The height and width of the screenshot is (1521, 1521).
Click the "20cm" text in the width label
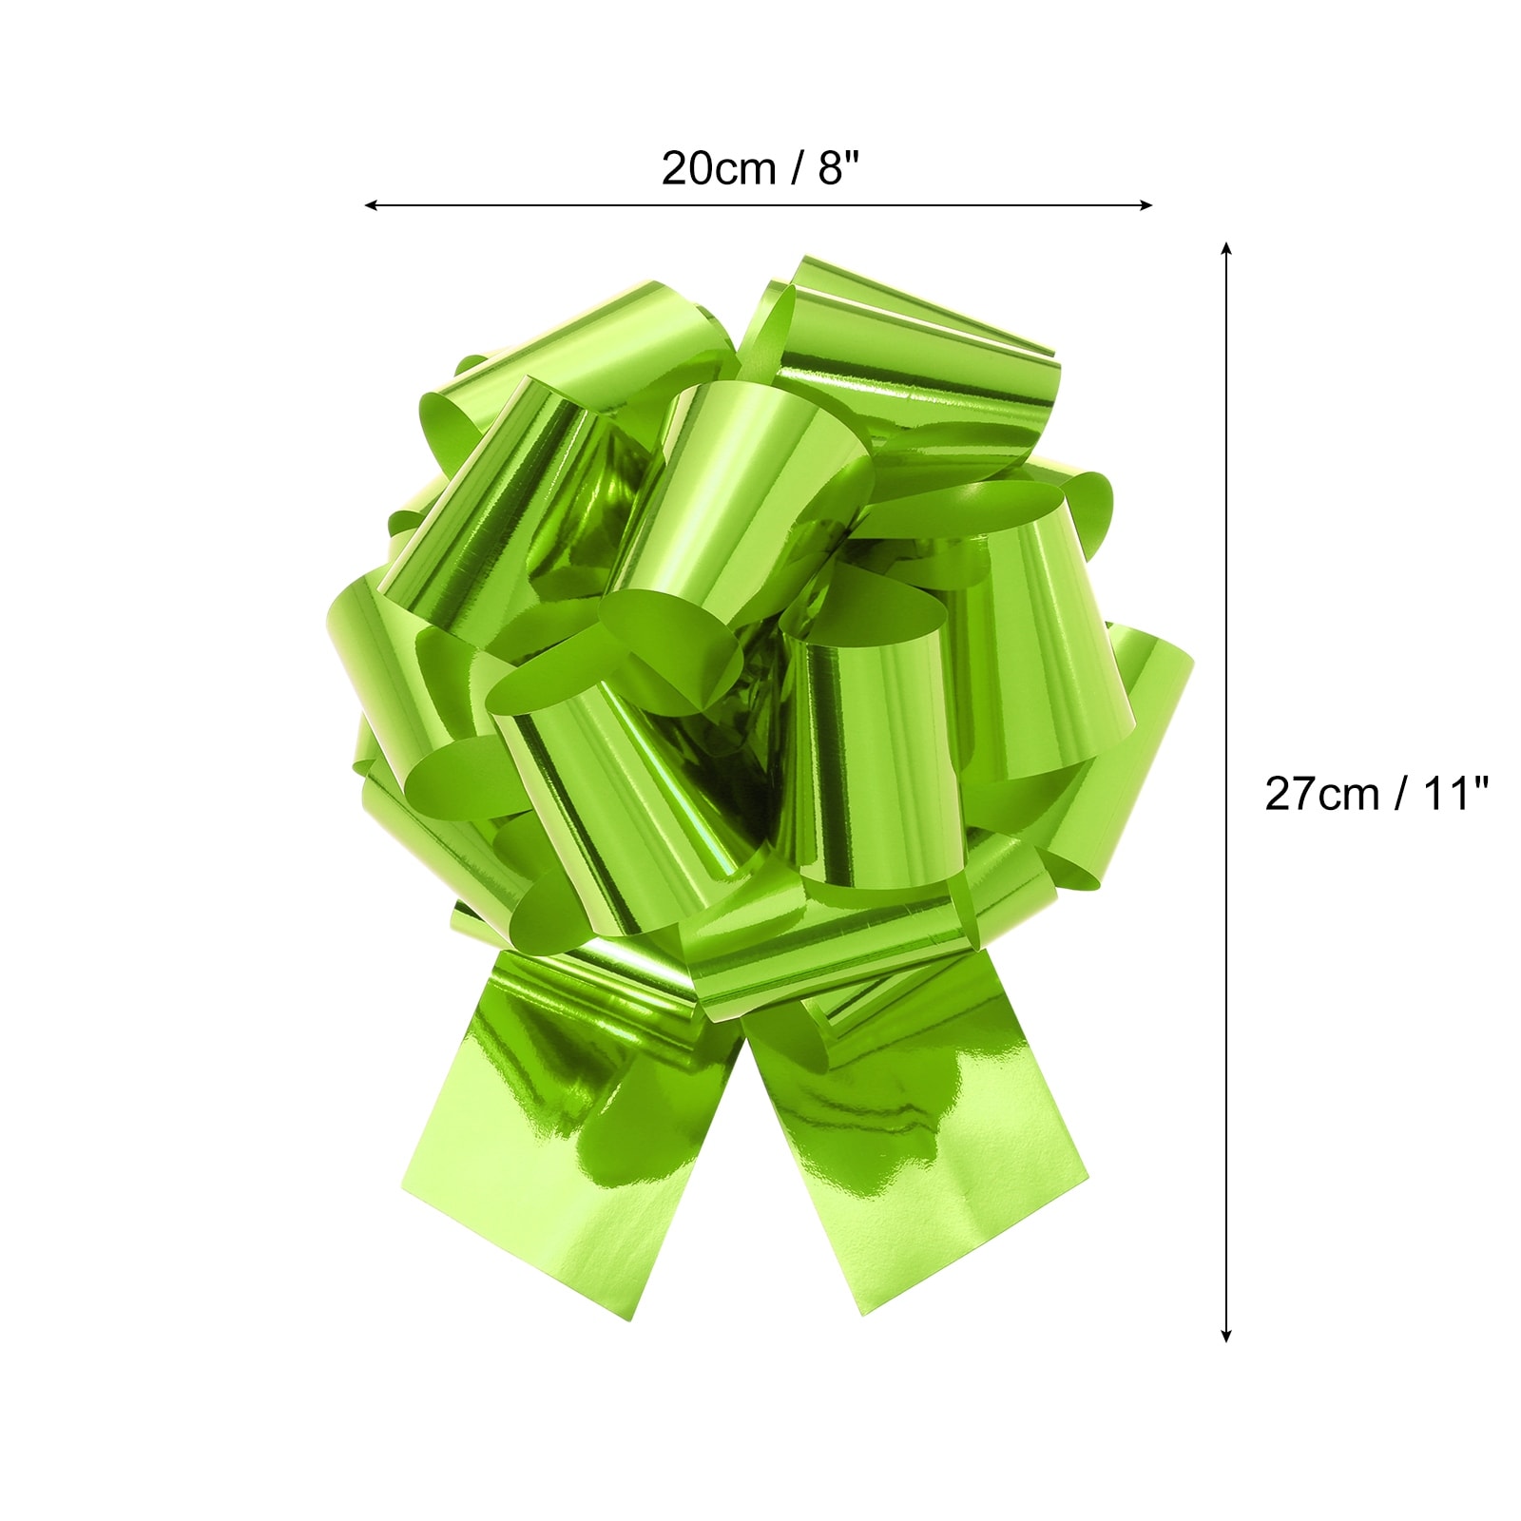tap(719, 169)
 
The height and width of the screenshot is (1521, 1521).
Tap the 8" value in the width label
tap(838, 168)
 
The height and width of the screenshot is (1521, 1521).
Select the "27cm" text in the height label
tap(1321, 794)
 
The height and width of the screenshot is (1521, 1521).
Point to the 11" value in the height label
tap(1454, 793)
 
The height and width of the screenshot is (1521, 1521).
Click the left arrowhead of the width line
tap(371, 204)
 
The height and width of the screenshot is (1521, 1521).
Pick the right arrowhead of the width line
tap(1146, 204)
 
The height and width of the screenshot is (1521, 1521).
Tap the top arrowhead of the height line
tap(1226, 249)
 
